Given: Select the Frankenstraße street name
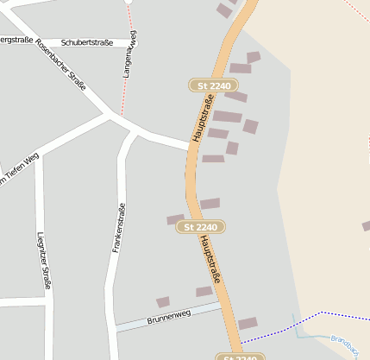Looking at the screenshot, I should [120, 228].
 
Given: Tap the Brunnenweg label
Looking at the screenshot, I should [168, 319].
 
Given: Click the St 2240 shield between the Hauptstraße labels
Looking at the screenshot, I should [201, 227].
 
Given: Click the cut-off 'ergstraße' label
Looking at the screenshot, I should [17, 40].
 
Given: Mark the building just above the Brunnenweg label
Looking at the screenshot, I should [162, 302].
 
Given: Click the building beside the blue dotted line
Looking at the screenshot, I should [248, 324].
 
